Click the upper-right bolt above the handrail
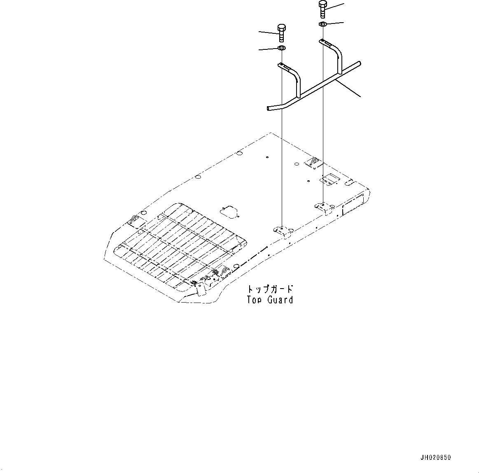323,9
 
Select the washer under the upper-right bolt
322,25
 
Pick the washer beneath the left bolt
282,49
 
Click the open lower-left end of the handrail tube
269,109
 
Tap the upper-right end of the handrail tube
360,63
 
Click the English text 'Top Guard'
270,300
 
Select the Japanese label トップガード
270,289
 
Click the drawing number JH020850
435,457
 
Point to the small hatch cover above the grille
229,211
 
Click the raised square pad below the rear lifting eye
328,179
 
